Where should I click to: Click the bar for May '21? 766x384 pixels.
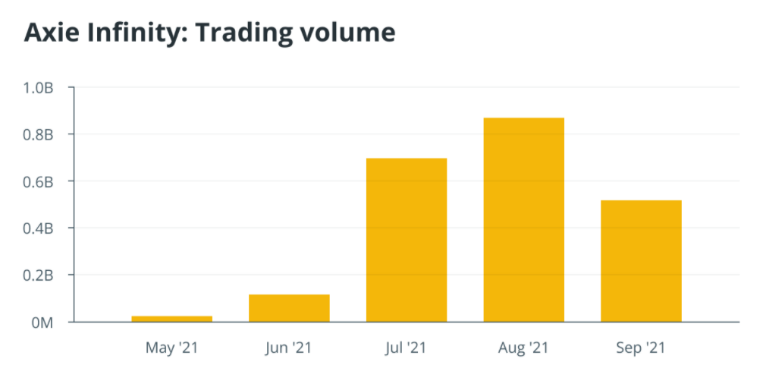click(171, 319)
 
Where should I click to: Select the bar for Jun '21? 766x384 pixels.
click(289, 308)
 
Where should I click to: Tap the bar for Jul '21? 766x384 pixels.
click(407, 240)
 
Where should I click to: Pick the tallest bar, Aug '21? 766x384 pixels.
click(523, 220)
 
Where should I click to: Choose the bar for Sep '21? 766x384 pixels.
click(641, 261)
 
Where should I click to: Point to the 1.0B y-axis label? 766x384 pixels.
click(38, 88)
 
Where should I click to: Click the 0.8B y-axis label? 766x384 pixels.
click(38, 135)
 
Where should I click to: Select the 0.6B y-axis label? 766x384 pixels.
click(38, 182)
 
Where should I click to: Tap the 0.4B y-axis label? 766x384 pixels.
click(38, 228)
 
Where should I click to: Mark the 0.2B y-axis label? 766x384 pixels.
click(38, 275)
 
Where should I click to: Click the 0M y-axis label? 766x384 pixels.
click(42, 323)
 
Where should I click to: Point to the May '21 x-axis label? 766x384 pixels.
click(171, 348)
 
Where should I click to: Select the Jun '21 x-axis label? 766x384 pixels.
click(289, 348)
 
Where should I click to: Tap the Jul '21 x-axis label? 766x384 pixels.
click(407, 348)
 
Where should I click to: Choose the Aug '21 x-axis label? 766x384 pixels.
click(523, 348)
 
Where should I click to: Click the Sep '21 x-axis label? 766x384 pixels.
click(641, 348)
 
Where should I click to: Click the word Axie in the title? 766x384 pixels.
click(50, 33)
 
